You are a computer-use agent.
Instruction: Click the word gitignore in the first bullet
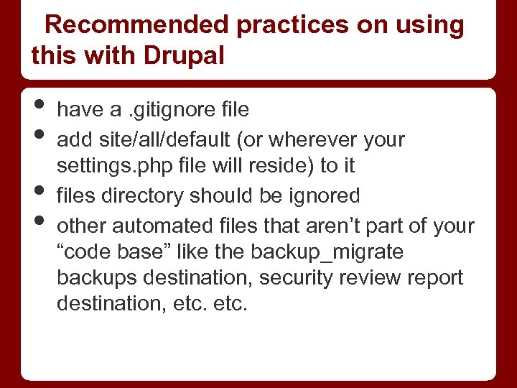167,110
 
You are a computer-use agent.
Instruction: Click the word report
435,277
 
